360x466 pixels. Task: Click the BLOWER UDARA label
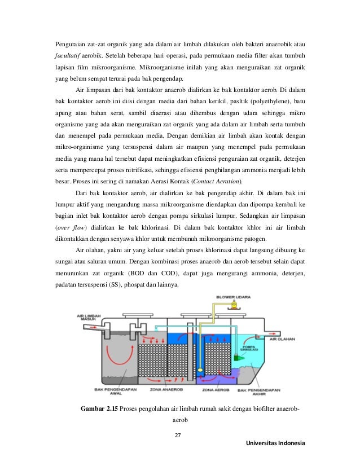[230, 297]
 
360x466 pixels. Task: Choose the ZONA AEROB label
[214, 389]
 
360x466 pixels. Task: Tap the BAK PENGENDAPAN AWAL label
[106, 392]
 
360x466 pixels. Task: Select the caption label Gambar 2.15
[100, 408]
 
